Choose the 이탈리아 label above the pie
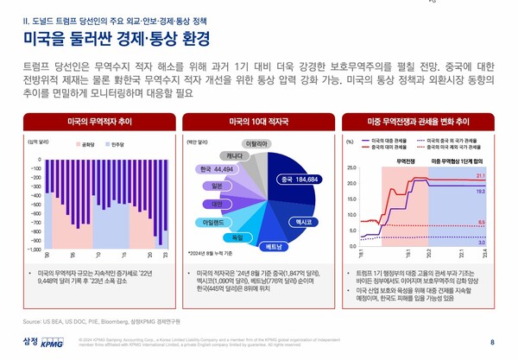tap(258, 143)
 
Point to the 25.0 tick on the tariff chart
tap(351, 167)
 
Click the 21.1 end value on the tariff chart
tap(481, 175)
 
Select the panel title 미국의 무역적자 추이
tap(98, 122)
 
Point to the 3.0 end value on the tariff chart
tap(481, 243)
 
